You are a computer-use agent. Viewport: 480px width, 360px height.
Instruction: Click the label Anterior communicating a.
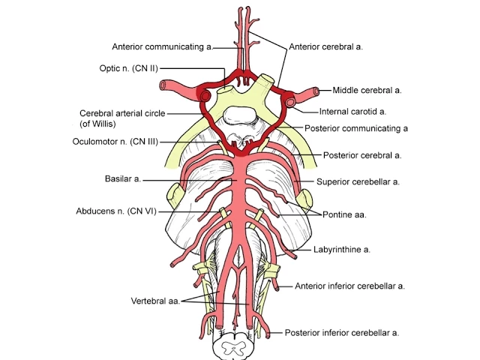pyautogui.click(x=161, y=46)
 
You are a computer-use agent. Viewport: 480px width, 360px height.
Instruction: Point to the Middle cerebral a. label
pyautogui.click(x=367, y=90)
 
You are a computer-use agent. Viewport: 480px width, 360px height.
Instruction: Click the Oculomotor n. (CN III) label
pyautogui.click(x=115, y=141)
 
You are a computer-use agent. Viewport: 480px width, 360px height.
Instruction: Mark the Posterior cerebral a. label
pyautogui.click(x=362, y=155)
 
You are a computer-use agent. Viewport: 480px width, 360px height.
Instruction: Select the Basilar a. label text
pyautogui.click(x=122, y=180)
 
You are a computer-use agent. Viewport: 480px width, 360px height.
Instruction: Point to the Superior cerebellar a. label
pyautogui.click(x=358, y=181)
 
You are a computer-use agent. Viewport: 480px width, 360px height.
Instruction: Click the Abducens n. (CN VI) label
pyautogui.click(x=115, y=211)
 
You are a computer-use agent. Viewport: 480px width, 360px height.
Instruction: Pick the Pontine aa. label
pyautogui.click(x=343, y=214)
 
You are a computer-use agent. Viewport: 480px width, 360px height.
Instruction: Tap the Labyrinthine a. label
pyautogui.click(x=341, y=249)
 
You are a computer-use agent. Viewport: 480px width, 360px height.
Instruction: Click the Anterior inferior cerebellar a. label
pyautogui.click(x=349, y=286)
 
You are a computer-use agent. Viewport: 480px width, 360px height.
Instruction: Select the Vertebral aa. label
pyautogui.click(x=155, y=301)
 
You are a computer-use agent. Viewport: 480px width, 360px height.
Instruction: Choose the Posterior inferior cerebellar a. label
pyautogui.click(x=341, y=332)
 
